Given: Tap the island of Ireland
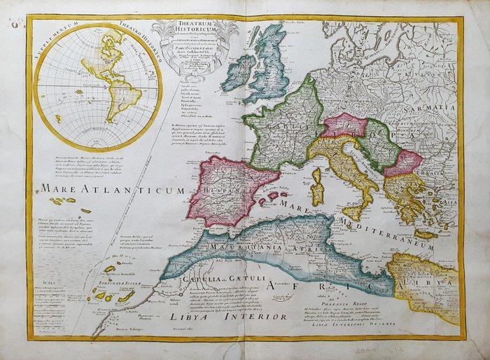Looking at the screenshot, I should (x=239, y=70).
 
